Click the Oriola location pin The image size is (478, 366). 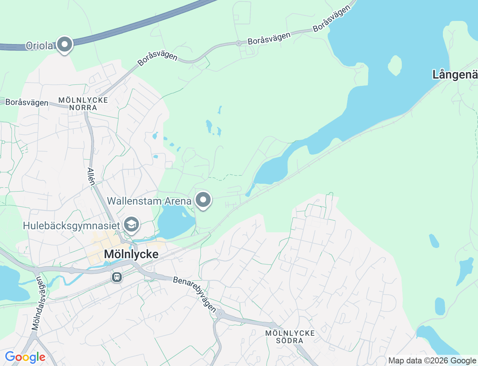click(65, 44)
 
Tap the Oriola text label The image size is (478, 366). click(40, 46)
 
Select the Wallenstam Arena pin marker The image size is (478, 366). click(203, 200)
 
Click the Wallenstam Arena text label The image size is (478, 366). click(149, 201)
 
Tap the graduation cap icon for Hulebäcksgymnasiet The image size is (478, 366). click(131, 225)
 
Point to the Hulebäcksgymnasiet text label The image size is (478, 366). click(71, 226)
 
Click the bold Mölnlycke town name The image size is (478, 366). click(131, 254)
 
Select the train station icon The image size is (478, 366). click(117, 277)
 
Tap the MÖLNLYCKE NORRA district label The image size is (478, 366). click(83, 104)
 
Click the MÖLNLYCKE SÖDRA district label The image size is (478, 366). click(290, 336)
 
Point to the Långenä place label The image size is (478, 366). click(455, 75)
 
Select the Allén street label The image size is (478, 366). click(91, 176)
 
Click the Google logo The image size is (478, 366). click(25, 357)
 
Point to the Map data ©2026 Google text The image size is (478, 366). click(432, 360)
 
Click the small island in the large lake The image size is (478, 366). click(395, 65)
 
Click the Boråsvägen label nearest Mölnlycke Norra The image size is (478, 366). click(27, 102)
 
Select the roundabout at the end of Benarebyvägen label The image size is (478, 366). click(220, 314)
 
